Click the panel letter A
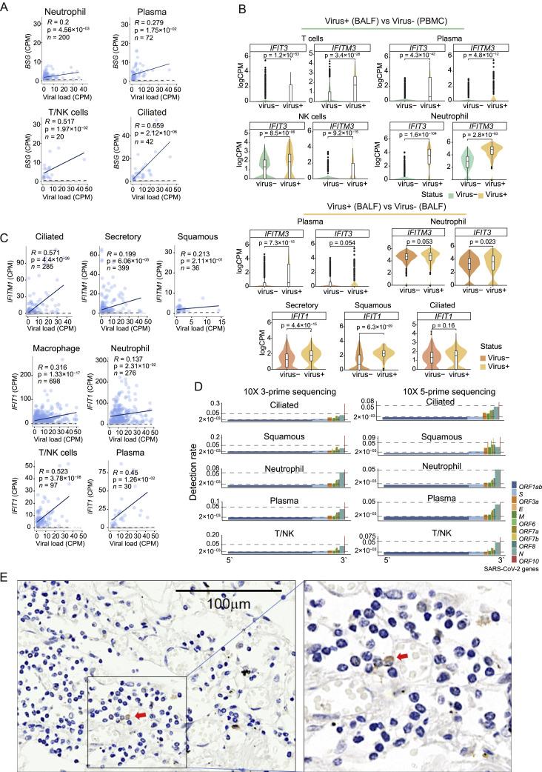click(x=6, y=7)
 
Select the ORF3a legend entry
click(x=516, y=459)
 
